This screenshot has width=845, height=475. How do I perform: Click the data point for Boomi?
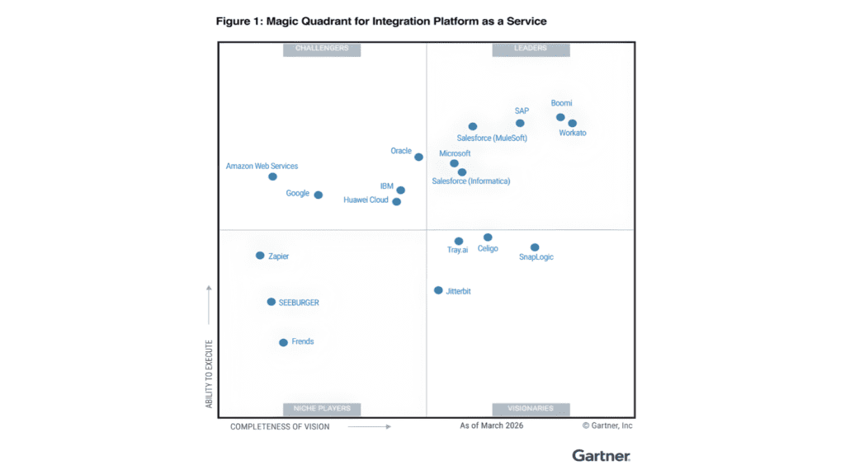point(560,117)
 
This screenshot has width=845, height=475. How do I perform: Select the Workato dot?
point(573,124)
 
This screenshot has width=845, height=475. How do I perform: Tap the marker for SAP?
point(520,124)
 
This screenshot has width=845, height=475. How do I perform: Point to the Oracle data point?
point(418,157)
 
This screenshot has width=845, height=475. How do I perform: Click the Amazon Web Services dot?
point(272,176)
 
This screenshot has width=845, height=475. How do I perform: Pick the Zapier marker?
point(260,256)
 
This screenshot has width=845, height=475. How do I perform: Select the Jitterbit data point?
point(438,290)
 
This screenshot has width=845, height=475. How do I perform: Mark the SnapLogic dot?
point(535,247)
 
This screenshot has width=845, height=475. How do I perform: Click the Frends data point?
point(283,342)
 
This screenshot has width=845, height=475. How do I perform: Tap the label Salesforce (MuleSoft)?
point(492,139)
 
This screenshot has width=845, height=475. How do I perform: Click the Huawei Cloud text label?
point(366,200)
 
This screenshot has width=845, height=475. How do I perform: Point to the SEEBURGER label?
point(299,303)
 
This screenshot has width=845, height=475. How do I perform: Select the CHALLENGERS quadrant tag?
point(322,49)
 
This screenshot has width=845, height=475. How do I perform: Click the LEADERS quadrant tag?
point(531,49)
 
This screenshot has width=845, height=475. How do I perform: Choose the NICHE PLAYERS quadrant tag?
point(322,408)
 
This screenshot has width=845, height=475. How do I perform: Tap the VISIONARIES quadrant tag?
point(531,408)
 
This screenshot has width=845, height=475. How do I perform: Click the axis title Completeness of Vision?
point(280,426)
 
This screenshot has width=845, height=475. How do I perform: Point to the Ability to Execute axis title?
point(209,374)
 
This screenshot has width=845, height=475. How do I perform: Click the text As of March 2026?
point(492,426)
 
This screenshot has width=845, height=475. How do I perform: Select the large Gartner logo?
point(601,455)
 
